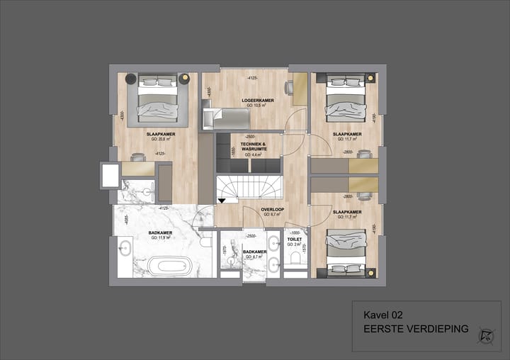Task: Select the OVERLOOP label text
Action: click(x=272, y=210)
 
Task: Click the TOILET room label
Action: click(x=294, y=240)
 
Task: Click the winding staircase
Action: click(x=249, y=188)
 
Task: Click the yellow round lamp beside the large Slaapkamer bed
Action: click(x=184, y=78)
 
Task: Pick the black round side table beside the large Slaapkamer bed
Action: click(x=132, y=78)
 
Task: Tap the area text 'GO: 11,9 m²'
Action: click(x=157, y=238)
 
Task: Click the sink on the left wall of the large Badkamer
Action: click(x=125, y=248)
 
